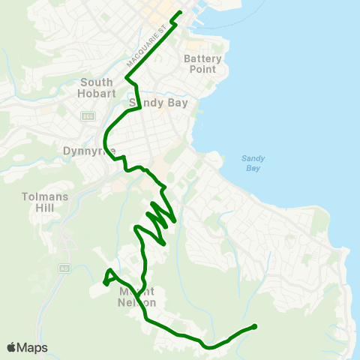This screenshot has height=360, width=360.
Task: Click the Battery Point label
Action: pyautogui.click(x=199, y=64)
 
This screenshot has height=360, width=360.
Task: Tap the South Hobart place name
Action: pyautogui.click(x=96, y=88)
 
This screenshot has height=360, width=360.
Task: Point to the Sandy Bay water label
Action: pyautogui.click(x=251, y=163)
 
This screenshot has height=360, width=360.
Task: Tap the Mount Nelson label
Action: pyautogui.click(x=137, y=297)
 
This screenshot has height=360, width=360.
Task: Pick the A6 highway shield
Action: pyautogui.click(x=64, y=268)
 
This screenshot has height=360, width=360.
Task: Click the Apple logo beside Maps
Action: pyautogui.click(x=12, y=347)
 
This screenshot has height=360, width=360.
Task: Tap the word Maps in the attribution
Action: pyautogui.click(x=33, y=347)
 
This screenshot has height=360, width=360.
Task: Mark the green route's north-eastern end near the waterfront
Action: pyautogui.click(x=180, y=13)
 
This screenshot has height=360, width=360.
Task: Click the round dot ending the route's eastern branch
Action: pyautogui.click(x=254, y=326)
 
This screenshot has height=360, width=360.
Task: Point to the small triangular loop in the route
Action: pyautogui.click(x=109, y=277)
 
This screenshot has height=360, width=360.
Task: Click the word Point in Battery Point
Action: pyautogui.click(x=199, y=69)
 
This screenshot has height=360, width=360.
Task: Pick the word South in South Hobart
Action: pyautogui.click(x=96, y=82)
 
